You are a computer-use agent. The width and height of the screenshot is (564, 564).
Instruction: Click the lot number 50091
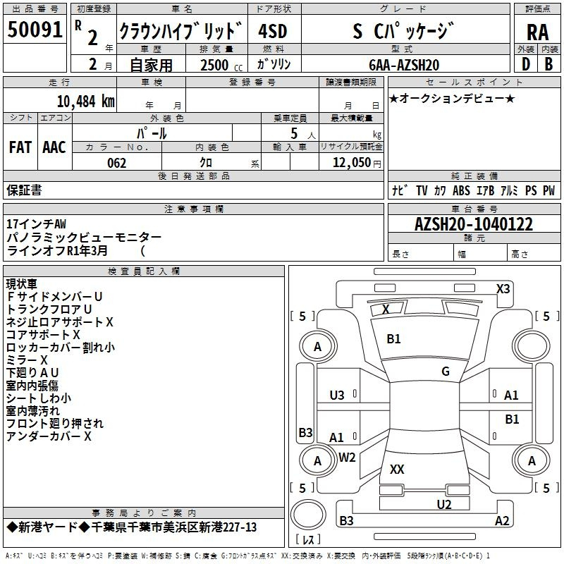point(35,30)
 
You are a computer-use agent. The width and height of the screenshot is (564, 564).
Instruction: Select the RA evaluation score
point(538,32)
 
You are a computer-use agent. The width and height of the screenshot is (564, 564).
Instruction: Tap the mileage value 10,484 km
point(85,102)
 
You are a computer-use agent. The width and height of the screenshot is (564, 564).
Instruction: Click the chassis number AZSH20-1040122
point(474,224)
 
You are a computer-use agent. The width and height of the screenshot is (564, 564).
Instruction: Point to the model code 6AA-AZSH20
point(404,65)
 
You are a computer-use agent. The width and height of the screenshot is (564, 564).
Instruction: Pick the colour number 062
point(117,163)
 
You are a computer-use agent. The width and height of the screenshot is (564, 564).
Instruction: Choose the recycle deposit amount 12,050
point(352,163)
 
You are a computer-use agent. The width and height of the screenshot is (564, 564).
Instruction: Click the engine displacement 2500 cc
point(221,65)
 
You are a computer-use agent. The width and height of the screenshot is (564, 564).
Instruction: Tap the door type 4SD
point(273,31)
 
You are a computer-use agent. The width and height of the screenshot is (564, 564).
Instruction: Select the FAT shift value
point(20,147)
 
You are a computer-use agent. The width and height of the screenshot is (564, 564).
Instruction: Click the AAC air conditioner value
point(54,147)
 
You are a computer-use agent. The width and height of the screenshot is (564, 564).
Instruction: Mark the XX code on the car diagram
point(397,469)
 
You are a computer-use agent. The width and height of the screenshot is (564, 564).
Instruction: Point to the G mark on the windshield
point(446,372)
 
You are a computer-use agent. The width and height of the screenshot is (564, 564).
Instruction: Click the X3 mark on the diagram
point(503,289)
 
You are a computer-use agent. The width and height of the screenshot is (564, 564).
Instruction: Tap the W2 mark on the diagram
point(347,458)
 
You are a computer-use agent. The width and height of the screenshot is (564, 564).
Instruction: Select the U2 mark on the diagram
point(444,504)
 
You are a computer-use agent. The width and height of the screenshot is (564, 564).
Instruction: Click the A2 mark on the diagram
point(502,520)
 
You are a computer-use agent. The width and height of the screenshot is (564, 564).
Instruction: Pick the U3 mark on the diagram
point(337,396)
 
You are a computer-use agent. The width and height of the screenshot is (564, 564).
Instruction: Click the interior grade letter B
point(549,64)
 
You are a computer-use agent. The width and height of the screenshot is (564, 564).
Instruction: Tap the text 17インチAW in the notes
point(37,224)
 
